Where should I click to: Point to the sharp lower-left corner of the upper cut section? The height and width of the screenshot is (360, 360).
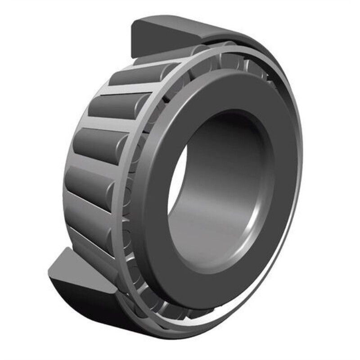[131, 58]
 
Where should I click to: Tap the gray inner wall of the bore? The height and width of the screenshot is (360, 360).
[225, 189]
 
